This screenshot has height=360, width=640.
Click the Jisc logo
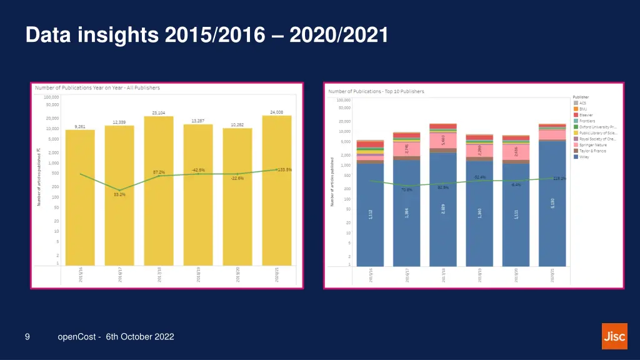[x=614, y=336]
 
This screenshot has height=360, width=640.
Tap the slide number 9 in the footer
[x=27, y=337]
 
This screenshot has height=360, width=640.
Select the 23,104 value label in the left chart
[x=159, y=113]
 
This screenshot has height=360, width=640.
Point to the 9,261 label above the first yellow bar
[x=80, y=126]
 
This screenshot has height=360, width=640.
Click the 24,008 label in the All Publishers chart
[x=276, y=112]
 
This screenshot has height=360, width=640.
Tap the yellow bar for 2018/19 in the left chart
[x=198, y=194]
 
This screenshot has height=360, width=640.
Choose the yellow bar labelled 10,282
[x=237, y=197]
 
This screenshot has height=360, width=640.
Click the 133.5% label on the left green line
[x=285, y=169]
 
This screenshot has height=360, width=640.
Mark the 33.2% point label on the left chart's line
[x=119, y=194]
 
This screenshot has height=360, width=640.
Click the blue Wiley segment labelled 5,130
[x=552, y=203]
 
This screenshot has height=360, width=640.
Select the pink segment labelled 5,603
[x=442, y=141]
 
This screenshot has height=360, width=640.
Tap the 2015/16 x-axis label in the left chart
[x=81, y=275]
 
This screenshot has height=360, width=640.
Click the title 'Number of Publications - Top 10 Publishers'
[x=376, y=92]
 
